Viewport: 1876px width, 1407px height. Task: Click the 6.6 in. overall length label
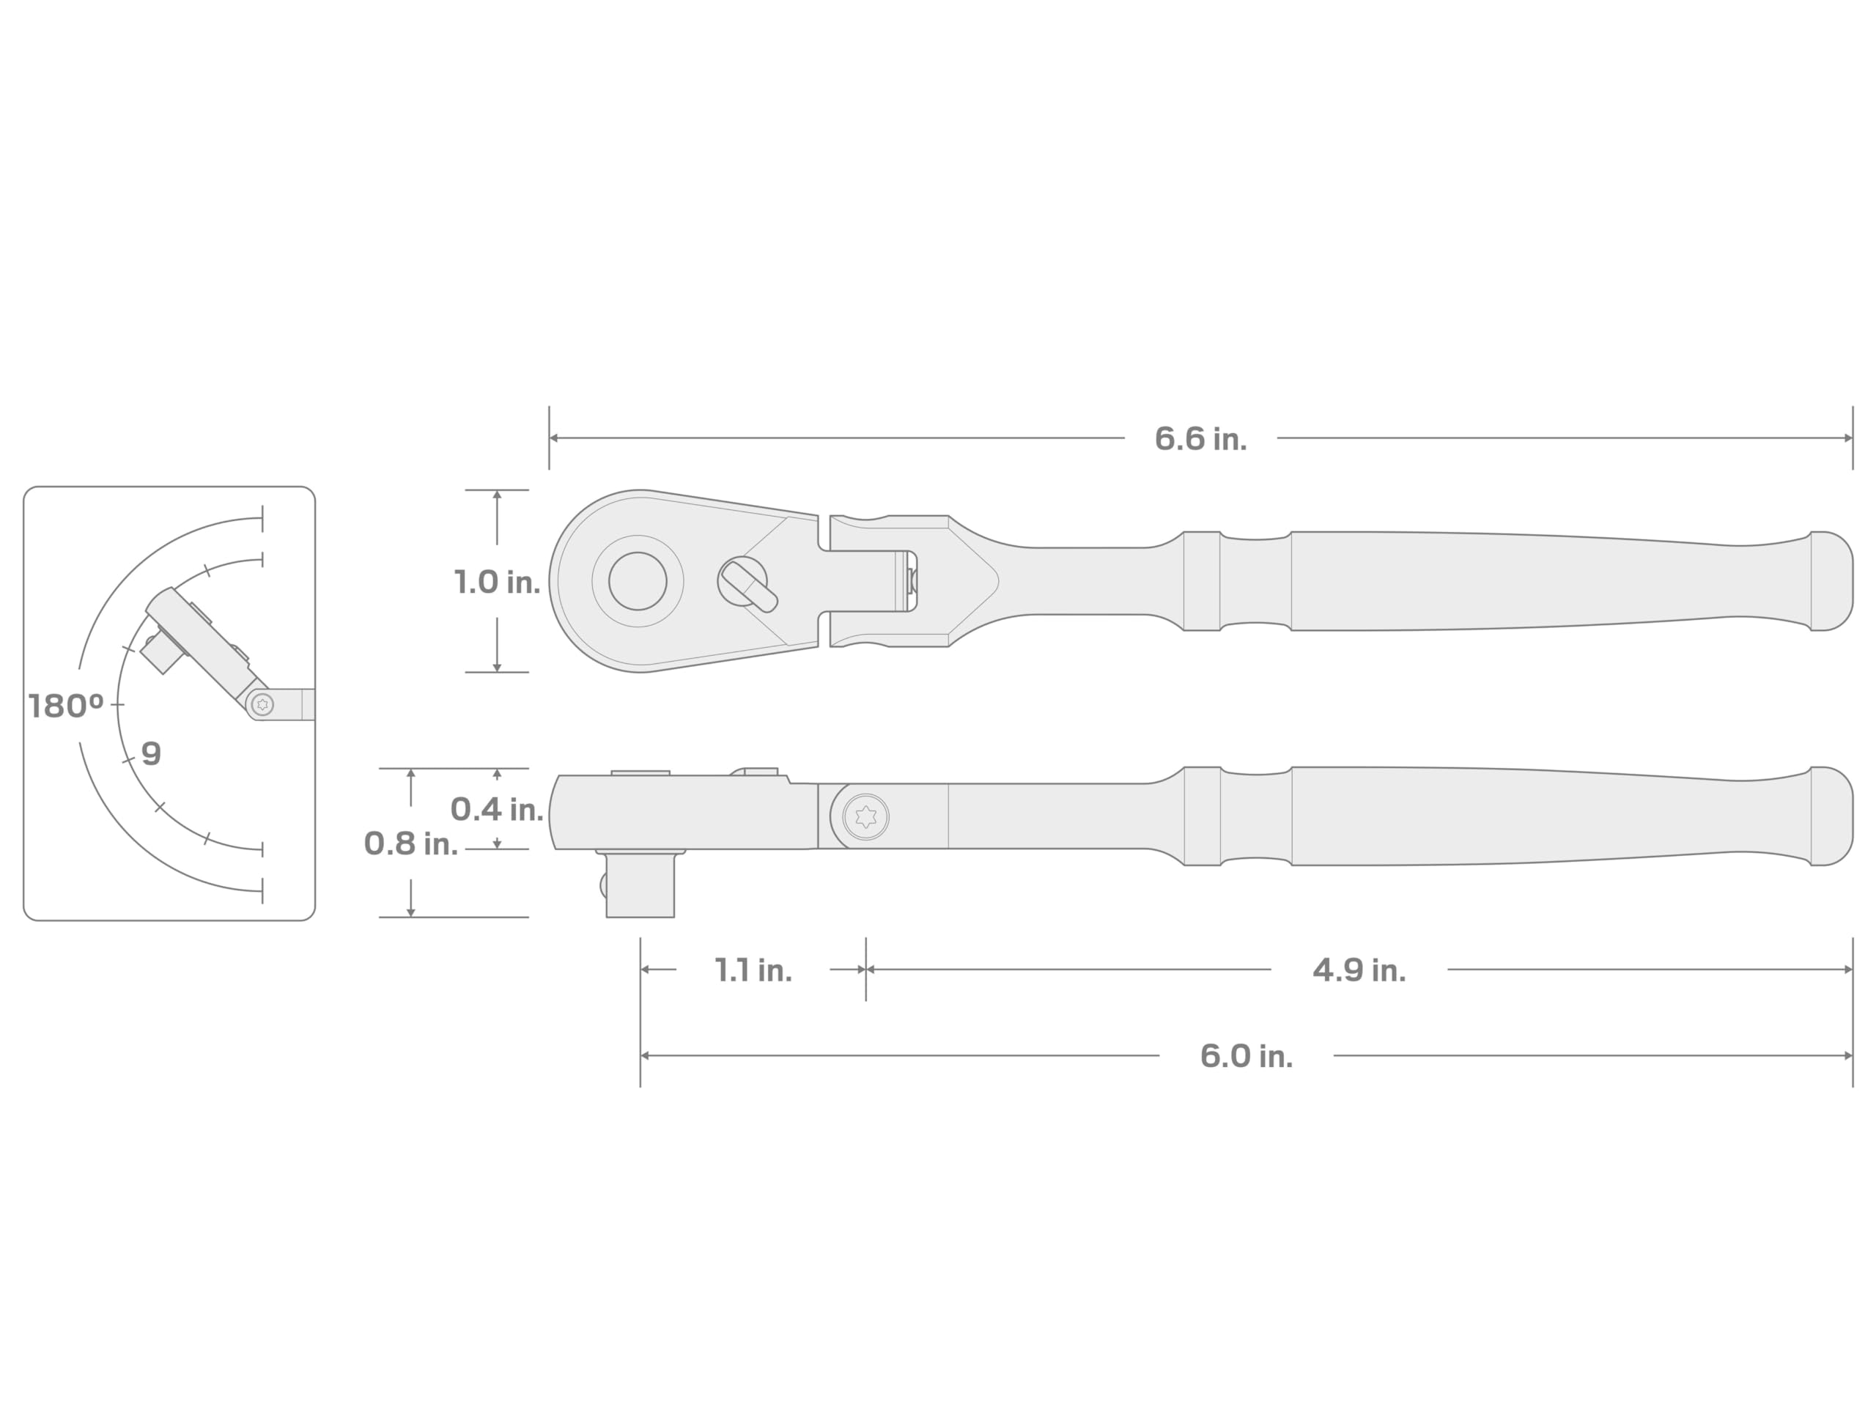(1200, 438)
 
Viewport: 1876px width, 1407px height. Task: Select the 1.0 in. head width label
(497, 582)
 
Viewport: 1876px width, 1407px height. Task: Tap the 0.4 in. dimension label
(497, 809)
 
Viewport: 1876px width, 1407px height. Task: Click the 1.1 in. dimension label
(753, 970)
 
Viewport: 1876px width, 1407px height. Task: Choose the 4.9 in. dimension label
(1359, 970)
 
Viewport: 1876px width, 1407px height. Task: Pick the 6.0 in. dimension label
(1246, 1056)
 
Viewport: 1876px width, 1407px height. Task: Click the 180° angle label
(66, 706)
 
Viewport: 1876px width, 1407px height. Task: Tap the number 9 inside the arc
(151, 753)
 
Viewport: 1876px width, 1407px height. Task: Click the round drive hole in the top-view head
(638, 581)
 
